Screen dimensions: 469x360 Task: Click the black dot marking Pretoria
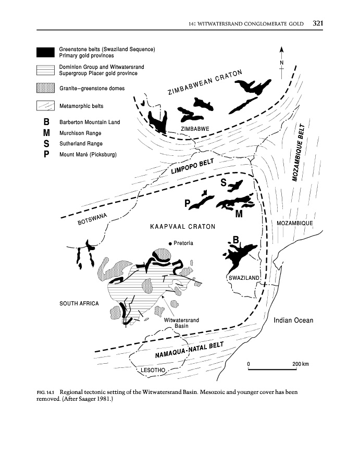170,244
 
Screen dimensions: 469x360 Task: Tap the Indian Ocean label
293,320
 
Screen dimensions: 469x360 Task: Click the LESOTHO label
153,371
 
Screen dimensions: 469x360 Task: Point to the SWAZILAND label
244,278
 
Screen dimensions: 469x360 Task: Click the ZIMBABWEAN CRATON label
205,83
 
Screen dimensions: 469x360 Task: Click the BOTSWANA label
92,218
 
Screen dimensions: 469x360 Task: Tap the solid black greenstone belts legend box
45,53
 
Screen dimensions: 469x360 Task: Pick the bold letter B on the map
235,240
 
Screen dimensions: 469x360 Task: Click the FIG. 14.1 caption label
46,392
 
